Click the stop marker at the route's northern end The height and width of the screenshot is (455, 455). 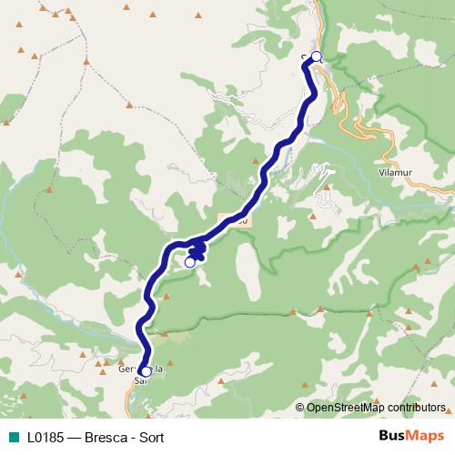316,56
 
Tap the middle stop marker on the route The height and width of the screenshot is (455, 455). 189,262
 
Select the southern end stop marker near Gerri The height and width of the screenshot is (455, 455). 146,371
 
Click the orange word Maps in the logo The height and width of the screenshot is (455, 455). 426,436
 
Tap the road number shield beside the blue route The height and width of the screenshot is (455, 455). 238,221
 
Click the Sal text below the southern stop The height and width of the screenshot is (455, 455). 139,382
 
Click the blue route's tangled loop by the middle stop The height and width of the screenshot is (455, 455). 198,248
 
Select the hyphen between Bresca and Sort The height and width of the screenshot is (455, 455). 134,437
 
